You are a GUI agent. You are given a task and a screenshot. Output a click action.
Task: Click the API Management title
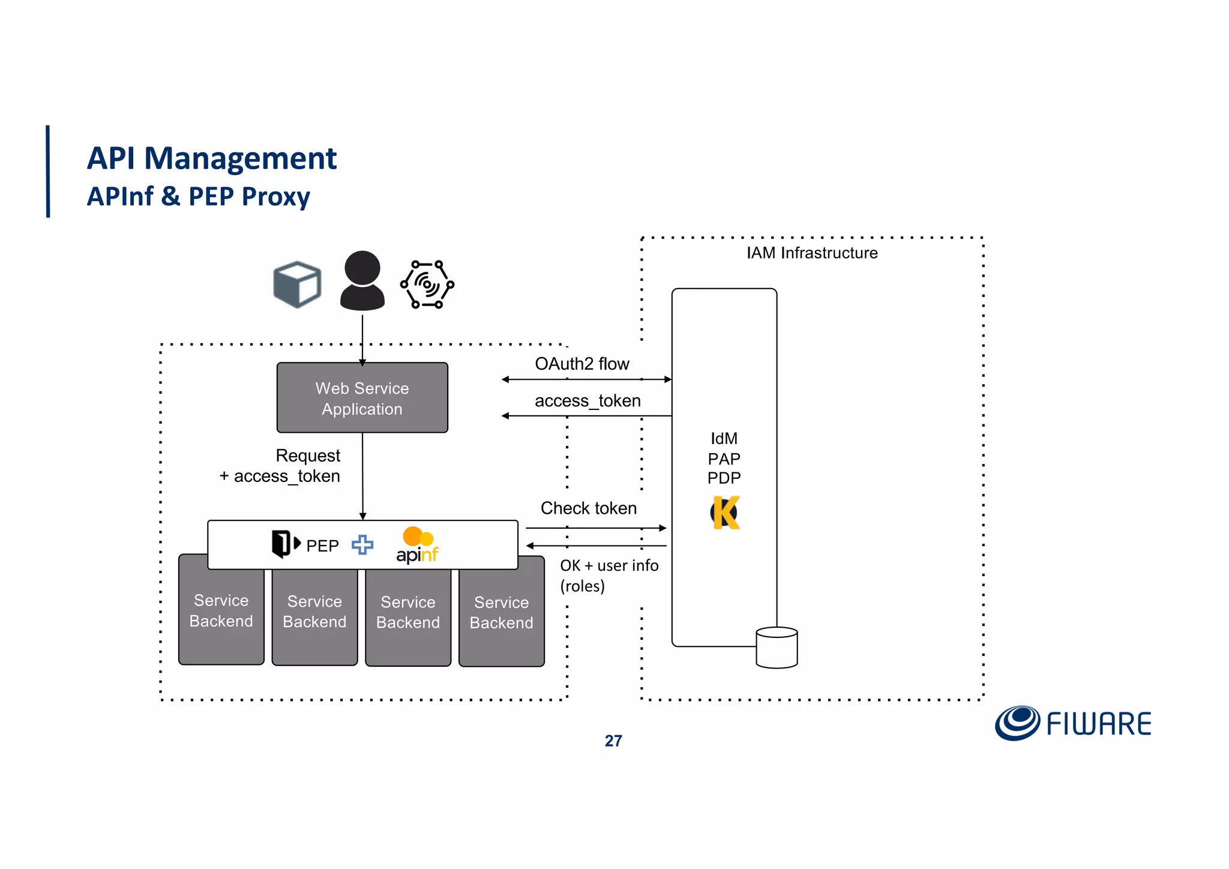coord(211,158)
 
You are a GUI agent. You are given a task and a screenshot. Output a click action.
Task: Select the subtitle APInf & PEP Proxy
coord(198,196)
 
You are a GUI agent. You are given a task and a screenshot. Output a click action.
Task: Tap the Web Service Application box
coord(362,398)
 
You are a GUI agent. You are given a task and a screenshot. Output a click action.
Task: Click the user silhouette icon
coord(362,281)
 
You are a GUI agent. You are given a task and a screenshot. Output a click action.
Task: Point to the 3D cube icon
coord(297,284)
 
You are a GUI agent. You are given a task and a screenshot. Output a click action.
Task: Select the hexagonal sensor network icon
coord(427,284)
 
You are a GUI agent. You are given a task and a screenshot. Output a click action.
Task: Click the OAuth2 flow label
coord(581,364)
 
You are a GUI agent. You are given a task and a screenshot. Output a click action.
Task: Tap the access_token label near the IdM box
coord(587,400)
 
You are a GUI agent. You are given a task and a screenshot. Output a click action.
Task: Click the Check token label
coord(588,508)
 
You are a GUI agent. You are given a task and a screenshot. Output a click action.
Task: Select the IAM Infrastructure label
coord(811,253)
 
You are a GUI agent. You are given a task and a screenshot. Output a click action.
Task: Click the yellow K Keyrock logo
coord(726,513)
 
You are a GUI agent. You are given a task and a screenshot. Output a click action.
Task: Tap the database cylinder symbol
coord(777,648)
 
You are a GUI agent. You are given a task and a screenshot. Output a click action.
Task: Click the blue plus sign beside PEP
coord(362,545)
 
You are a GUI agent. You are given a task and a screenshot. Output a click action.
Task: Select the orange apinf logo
coord(417,545)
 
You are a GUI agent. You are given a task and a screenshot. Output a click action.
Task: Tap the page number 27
coord(613,741)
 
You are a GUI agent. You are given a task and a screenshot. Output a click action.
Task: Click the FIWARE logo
coord(1072,723)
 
